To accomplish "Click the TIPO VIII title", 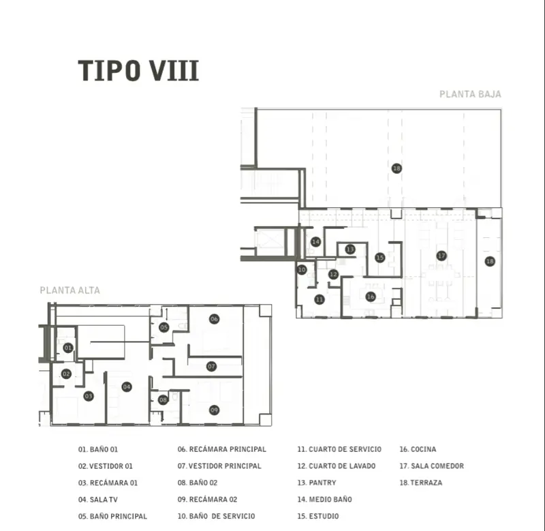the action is [x=138, y=71].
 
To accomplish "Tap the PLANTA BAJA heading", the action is [x=470, y=94].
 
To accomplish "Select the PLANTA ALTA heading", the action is [x=70, y=290].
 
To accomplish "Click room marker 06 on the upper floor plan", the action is [x=214, y=319].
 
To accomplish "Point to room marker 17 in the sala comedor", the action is [x=441, y=256].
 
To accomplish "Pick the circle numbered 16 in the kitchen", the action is [x=371, y=297].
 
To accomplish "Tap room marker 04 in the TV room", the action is [x=127, y=386].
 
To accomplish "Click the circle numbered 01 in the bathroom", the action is [x=68, y=348].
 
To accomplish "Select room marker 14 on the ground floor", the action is [x=315, y=242].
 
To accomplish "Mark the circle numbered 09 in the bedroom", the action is [x=214, y=410].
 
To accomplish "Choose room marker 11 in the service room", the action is [x=320, y=299].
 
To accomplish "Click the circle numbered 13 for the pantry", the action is [x=350, y=249].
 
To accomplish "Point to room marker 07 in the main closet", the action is [x=211, y=366].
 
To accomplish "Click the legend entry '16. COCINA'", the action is [x=418, y=449].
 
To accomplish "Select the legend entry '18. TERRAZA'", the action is [x=421, y=483].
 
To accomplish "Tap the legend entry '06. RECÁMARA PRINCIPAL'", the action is [x=222, y=449].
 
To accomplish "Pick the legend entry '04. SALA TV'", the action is [x=97, y=500].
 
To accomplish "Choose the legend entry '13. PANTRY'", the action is [x=317, y=483].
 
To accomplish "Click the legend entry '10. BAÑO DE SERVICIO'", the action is [x=216, y=517].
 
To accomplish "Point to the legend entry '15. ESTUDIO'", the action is [x=318, y=517].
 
